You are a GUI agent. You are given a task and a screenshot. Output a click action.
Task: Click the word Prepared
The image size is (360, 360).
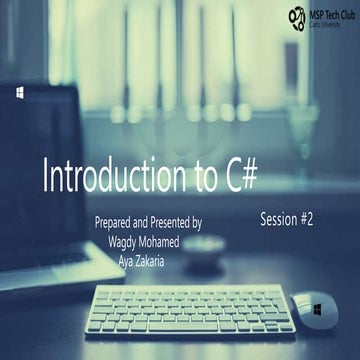click(114, 223)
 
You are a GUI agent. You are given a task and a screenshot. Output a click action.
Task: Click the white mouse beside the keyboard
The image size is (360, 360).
click(316, 309)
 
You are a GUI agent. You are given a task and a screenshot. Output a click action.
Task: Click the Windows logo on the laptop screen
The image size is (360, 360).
click(20, 92)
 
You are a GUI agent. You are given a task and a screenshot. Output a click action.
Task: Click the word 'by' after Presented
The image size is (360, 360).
click(196, 224)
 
